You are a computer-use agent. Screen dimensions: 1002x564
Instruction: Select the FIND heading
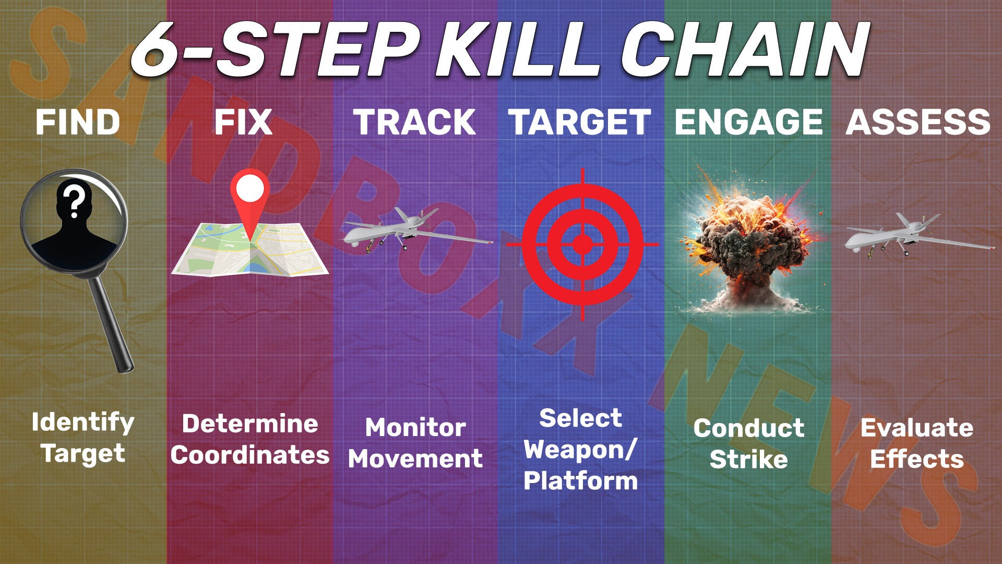pyautogui.click(x=78, y=122)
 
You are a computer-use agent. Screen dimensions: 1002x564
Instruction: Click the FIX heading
pyautogui.click(x=243, y=122)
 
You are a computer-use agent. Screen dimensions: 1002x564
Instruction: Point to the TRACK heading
pyautogui.click(x=414, y=122)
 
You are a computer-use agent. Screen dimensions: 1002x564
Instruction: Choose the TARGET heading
pyautogui.click(x=580, y=122)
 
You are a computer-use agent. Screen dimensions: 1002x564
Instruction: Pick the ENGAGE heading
pyautogui.click(x=748, y=122)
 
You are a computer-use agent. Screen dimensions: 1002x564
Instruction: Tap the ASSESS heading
pyautogui.click(x=918, y=122)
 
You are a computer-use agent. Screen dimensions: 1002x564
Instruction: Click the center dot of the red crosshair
pyautogui.click(x=582, y=244)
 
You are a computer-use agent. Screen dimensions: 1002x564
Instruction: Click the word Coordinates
pyautogui.click(x=250, y=455)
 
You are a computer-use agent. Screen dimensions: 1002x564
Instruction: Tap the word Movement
pyautogui.click(x=415, y=459)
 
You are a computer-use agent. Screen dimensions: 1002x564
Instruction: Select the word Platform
pyautogui.click(x=581, y=480)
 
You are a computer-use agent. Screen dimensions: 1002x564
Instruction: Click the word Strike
pyautogui.click(x=748, y=459)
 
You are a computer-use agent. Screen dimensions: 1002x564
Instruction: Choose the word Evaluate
pyautogui.click(x=917, y=428)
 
